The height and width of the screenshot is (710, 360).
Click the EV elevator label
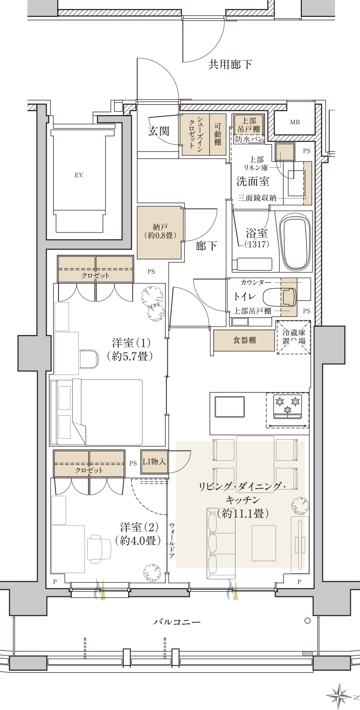(79, 175)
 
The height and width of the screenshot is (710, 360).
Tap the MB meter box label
(295, 122)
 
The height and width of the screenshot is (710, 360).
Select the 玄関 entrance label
(159, 131)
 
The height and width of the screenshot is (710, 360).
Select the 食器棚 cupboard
(244, 340)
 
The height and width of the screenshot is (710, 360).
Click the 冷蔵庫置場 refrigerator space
(294, 337)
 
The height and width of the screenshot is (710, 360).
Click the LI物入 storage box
(154, 462)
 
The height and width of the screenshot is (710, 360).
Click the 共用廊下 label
(230, 64)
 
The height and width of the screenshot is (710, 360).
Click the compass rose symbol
(339, 696)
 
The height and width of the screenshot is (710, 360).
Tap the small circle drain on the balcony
(307, 621)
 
